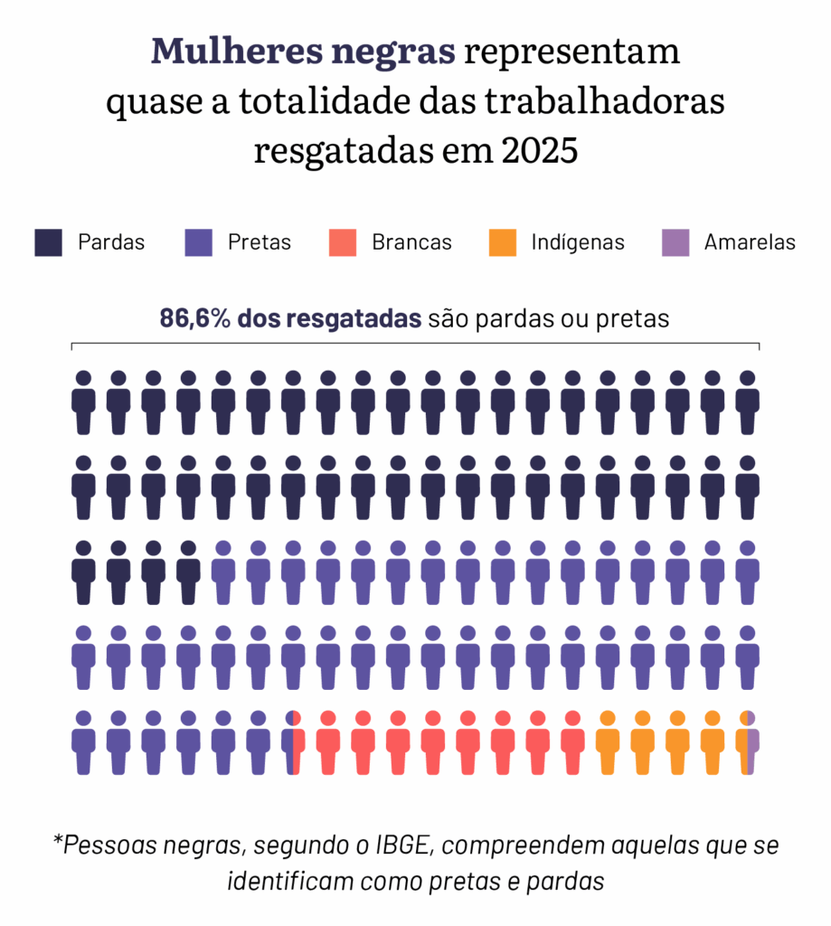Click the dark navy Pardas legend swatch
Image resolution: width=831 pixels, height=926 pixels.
[x=49, y=243]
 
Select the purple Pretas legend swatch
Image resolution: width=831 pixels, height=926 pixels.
[x=198, y=243]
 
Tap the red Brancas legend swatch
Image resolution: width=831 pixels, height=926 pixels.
[x=343, y=243]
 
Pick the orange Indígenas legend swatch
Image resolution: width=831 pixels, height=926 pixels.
[x=502, y=243]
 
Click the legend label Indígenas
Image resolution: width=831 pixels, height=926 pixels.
[x=578, y=243]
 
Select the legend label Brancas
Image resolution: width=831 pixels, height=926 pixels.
[x=411, y=243]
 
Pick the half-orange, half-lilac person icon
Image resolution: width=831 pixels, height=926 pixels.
[x=747, y=743]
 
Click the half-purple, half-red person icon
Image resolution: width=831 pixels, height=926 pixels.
[x=293, y=743]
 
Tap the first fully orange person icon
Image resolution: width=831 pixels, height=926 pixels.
[x=608, y=743]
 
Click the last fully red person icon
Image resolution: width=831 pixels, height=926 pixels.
[x=572, y=743]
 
